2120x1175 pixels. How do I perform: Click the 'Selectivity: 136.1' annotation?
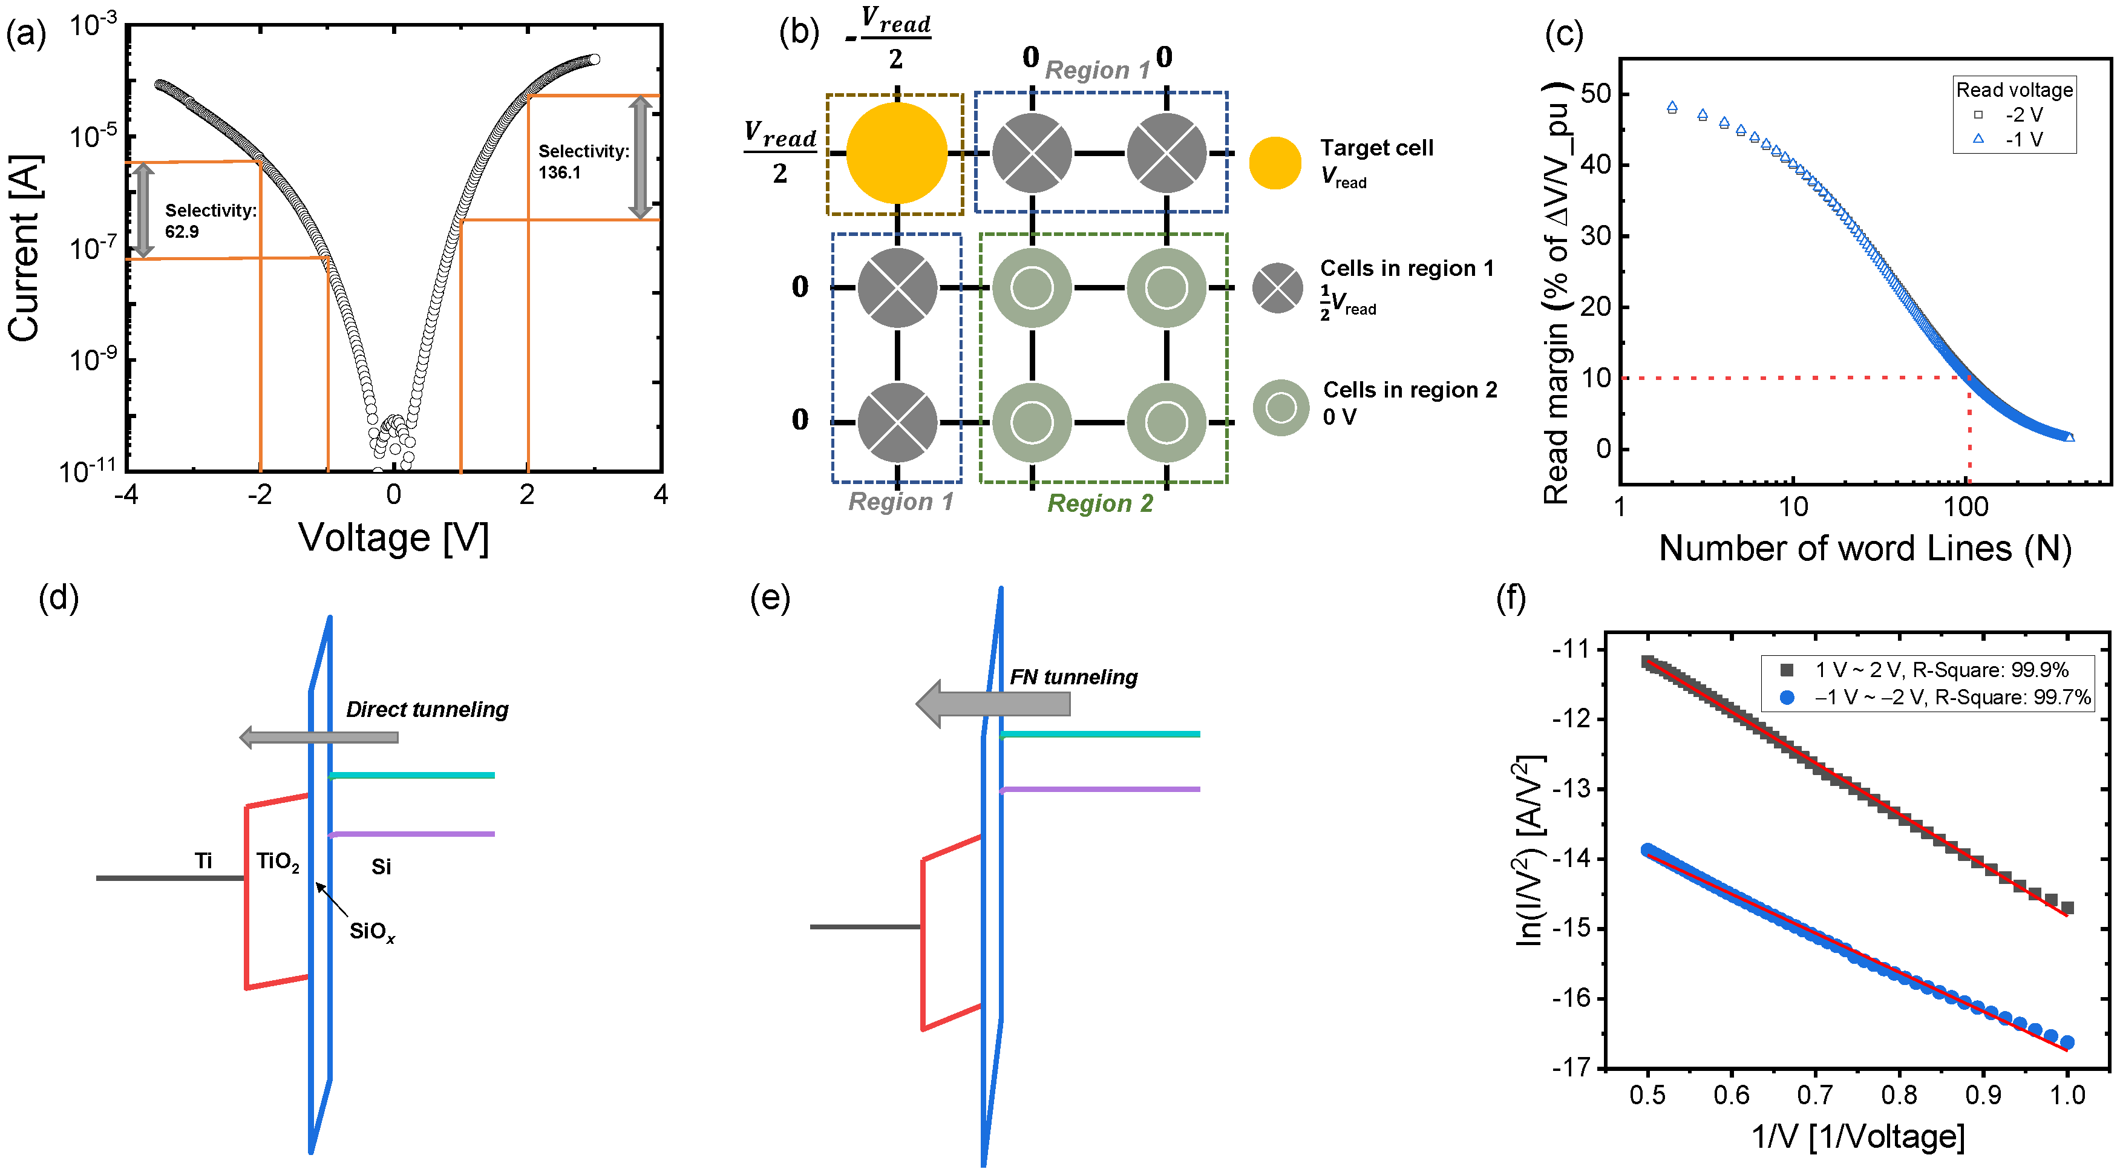(583, 162)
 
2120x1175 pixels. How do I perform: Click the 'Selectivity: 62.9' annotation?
(211, 220)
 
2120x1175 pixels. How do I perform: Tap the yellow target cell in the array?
(896, 153)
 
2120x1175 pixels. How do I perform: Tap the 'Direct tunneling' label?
(427, 709)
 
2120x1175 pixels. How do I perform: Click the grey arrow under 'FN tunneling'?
(994, 704)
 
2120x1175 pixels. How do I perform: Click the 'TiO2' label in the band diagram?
(277, 862)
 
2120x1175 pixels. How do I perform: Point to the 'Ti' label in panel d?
(203, 861)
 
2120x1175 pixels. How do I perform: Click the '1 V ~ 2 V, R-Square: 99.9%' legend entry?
(1940, 670)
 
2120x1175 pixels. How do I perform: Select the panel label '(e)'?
(770, 598)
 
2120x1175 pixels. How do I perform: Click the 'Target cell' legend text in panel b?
(1376, 148)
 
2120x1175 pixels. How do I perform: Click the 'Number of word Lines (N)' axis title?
(1864, 549)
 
